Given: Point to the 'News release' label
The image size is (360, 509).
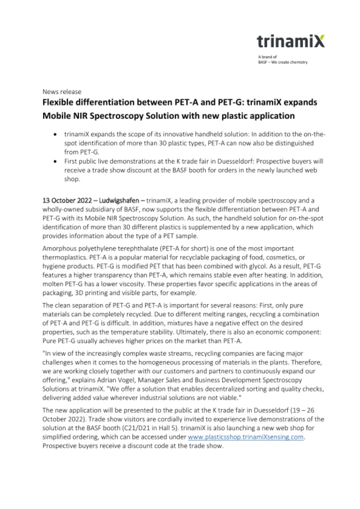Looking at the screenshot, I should click(x=62, y=92).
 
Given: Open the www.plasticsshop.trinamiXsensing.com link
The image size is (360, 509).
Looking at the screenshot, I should click(x=246, y=437).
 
